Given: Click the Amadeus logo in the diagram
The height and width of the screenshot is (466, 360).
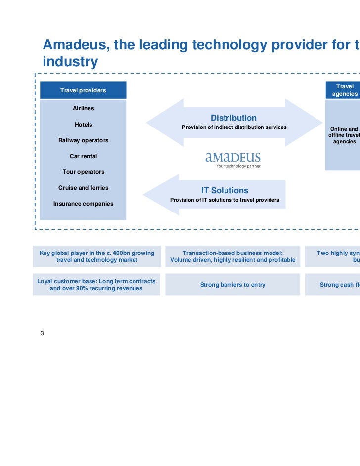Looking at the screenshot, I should pyautogui.click(x=233, y=159).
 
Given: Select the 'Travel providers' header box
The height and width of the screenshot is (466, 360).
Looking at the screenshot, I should pyautogui.click(x=83, y=90).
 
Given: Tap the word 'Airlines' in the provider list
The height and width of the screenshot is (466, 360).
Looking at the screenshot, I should pyautogui.click(x=83, y=108).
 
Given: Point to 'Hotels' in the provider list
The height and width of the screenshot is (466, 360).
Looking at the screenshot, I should pyautogui.click(x=83, y=125).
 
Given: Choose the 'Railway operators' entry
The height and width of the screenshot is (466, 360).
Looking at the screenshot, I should pyautogui.click(x=83, y=140).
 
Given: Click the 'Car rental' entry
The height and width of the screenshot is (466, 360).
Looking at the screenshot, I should pyautogui.click(x=83, y=156).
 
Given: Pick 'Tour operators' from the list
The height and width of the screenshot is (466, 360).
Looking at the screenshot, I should pyautogui.click(x=83, y=172).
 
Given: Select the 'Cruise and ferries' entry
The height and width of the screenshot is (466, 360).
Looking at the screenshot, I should pyautogui.click(x=83, y=188).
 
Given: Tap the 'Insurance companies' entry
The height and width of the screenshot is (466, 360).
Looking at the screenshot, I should pyautogui.click(x=83, y=204).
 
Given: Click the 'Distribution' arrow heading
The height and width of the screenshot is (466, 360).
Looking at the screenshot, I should pyautogui.click(x=233, y=118).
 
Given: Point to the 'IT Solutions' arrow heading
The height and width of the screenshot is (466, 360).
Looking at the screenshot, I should pyautogui.click(x=225, y=190).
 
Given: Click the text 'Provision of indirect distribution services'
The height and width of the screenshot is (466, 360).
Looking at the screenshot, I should pyautogui.click(x=234, y=127).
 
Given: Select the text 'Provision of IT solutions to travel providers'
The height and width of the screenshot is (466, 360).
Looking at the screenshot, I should pyautogui.click(x=225, y=200).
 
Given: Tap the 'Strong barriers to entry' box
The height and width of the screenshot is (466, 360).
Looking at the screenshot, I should pyautogui.click(x=232, y=285).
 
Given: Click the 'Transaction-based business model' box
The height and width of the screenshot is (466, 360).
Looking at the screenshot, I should pyautogui.click(x=232, y=256).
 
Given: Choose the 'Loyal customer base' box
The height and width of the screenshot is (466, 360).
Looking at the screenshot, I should pyautogui.click(x=96, y=285).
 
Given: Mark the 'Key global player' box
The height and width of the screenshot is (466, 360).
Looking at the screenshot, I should pyautogui.click(x=96, y=256).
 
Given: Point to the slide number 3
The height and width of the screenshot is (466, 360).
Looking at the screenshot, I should pyautogui.click(x=42, y=333).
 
